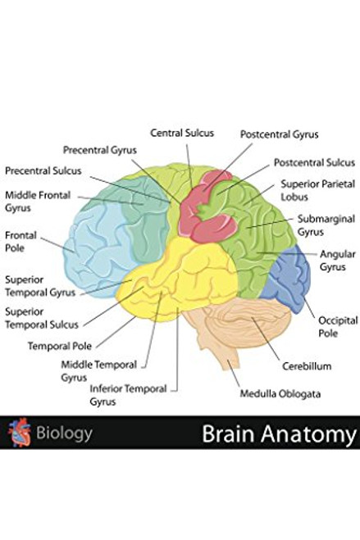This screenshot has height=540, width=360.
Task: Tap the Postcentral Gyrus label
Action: point(279,134)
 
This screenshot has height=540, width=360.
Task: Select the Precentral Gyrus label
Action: point(100,150)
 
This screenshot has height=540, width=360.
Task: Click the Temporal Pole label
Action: point(60,346)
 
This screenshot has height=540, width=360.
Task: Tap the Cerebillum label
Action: point(307,366)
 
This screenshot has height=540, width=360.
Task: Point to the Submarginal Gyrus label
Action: point(321,225)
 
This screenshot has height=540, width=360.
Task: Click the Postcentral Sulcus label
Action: point(314,162)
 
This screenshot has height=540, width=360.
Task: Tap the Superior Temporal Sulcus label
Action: point(39,318)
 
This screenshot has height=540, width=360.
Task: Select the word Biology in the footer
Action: point(64,433)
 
